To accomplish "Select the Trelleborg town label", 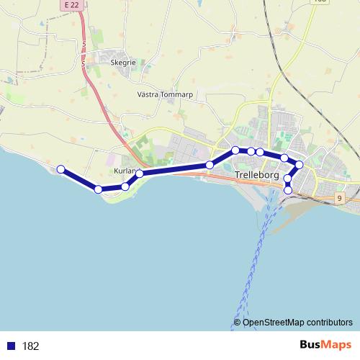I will tap(256, 175).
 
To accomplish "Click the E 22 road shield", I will tap(70, 4).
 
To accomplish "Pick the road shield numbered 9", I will tap(338, 197).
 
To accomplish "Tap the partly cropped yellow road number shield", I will tap(320, 1).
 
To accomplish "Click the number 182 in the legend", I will tap(30, 346).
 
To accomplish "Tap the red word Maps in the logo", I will tap(336, 346).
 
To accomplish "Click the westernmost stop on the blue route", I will tap(61, 170).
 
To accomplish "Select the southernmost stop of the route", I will tap(289, 190).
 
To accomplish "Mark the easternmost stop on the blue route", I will tap(300, 166).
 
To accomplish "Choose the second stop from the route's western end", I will tap(98, 189).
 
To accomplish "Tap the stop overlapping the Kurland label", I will tap(139, 174).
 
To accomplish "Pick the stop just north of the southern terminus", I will tap(288, 179).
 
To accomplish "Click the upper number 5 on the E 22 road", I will tap(84, 44).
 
